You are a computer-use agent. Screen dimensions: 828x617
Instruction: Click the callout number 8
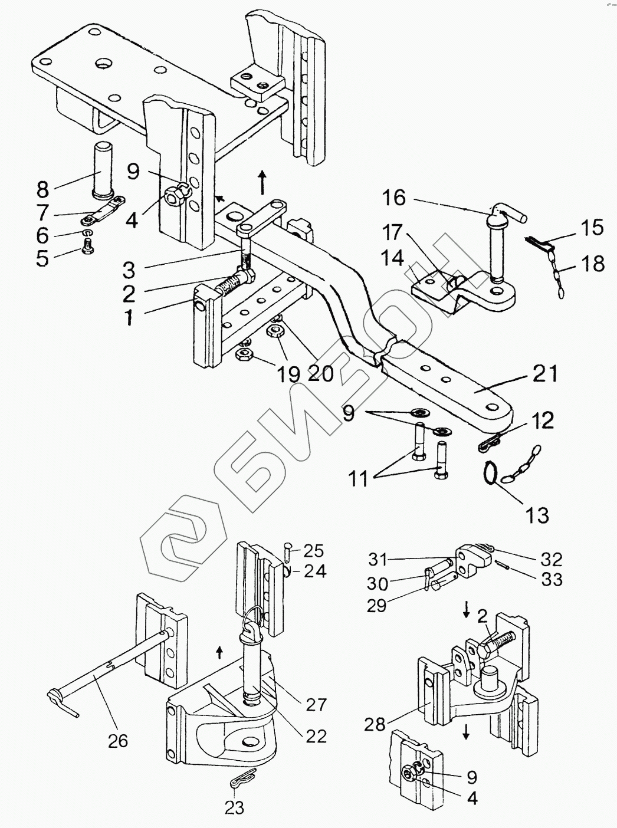[42, 189]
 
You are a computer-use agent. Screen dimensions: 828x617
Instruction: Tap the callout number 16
[393, 197]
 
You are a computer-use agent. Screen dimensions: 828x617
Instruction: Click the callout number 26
[119, 740]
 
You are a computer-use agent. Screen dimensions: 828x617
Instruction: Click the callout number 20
[321, 373]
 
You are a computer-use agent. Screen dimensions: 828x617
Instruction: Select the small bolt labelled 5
[87, 252]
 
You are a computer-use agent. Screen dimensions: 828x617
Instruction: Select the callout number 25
[314, 551]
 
